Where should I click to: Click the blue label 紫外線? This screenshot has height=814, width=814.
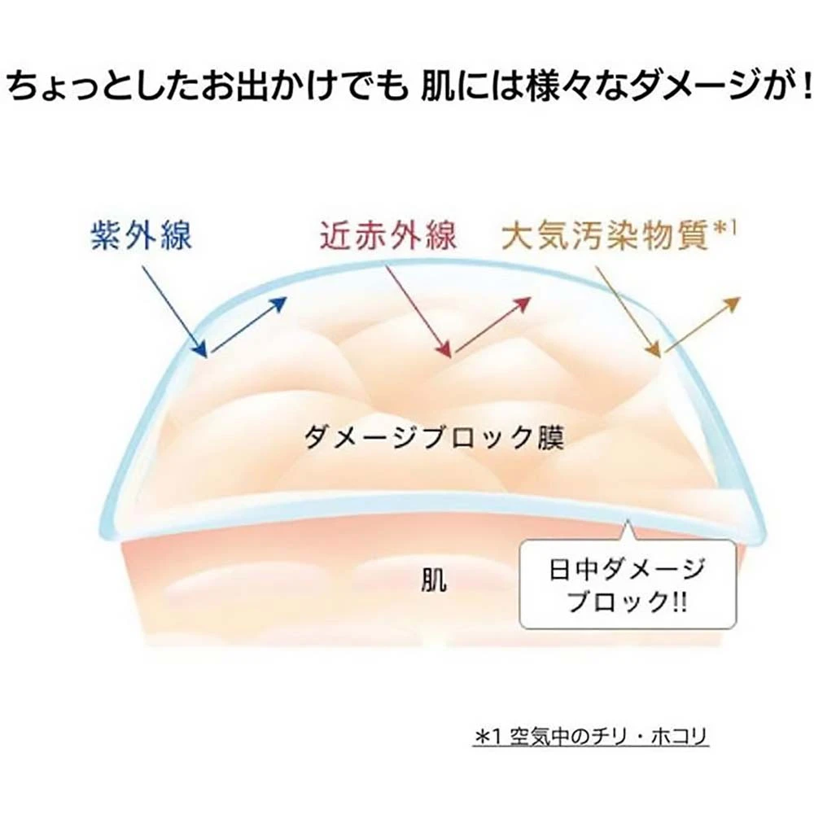pos(141,236)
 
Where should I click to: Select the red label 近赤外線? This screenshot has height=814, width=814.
pos(388,235)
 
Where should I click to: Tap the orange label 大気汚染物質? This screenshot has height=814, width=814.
pos(606,236)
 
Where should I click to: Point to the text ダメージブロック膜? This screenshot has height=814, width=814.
pos(434,438)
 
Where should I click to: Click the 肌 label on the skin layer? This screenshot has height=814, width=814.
pos(434,580)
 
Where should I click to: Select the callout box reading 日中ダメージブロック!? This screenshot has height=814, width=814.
pos(628,584)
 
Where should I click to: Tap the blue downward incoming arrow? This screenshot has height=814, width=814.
pos(174,312)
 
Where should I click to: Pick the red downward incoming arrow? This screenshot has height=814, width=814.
pos(418,312)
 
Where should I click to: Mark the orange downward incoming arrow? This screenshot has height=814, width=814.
pos(628,312)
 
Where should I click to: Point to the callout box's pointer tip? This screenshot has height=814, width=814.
pos(628,519)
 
